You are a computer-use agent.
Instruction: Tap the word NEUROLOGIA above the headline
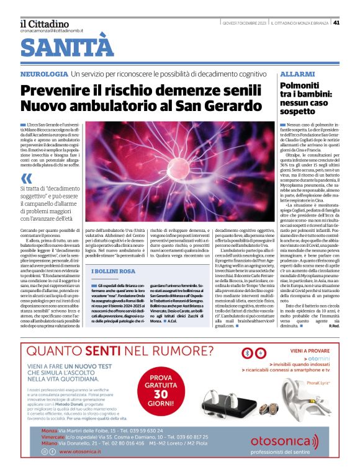pyautogui.click(x=43, y=74)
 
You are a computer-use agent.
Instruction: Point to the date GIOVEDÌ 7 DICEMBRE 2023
pyautogui.click(x=245, y=23)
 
